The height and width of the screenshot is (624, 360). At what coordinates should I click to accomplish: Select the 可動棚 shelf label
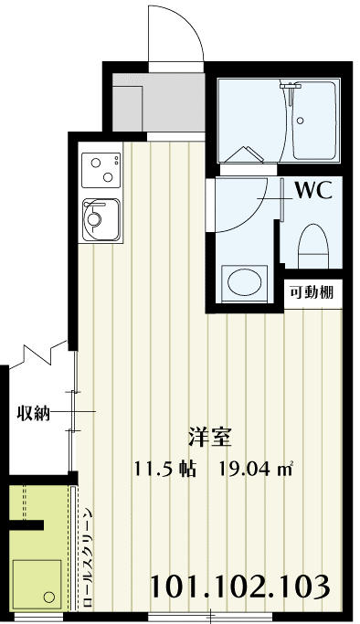pyautogui.click(x=311, y=293)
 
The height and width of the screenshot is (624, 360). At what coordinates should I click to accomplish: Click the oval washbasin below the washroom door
pyautogui.click(x=244, y=281)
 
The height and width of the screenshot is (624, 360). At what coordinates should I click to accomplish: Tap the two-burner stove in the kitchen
pyautogui.click(x=101, y=169)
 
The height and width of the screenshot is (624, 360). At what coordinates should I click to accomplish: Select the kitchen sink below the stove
pyautogui.click(x=101, y=219)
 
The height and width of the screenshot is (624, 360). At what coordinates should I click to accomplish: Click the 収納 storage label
pyautogui.click(x=34, y=412)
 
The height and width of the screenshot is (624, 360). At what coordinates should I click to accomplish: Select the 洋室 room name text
pyautogui.click(x=208, y=436)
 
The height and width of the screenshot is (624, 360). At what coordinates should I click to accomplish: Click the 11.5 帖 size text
pyautogui.click(x=163, y=470)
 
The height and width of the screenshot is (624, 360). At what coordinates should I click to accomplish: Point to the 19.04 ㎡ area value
pyautogui.click(x=256, y=470)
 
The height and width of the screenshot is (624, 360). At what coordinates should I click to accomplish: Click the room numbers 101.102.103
pyautogui.click(x=239, y=584)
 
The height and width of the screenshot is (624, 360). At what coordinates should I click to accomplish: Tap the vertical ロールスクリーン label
pyautogui.click(x=88, y=557)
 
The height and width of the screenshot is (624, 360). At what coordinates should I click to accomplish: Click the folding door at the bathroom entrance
pyautogui.click(x=242, y=159)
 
